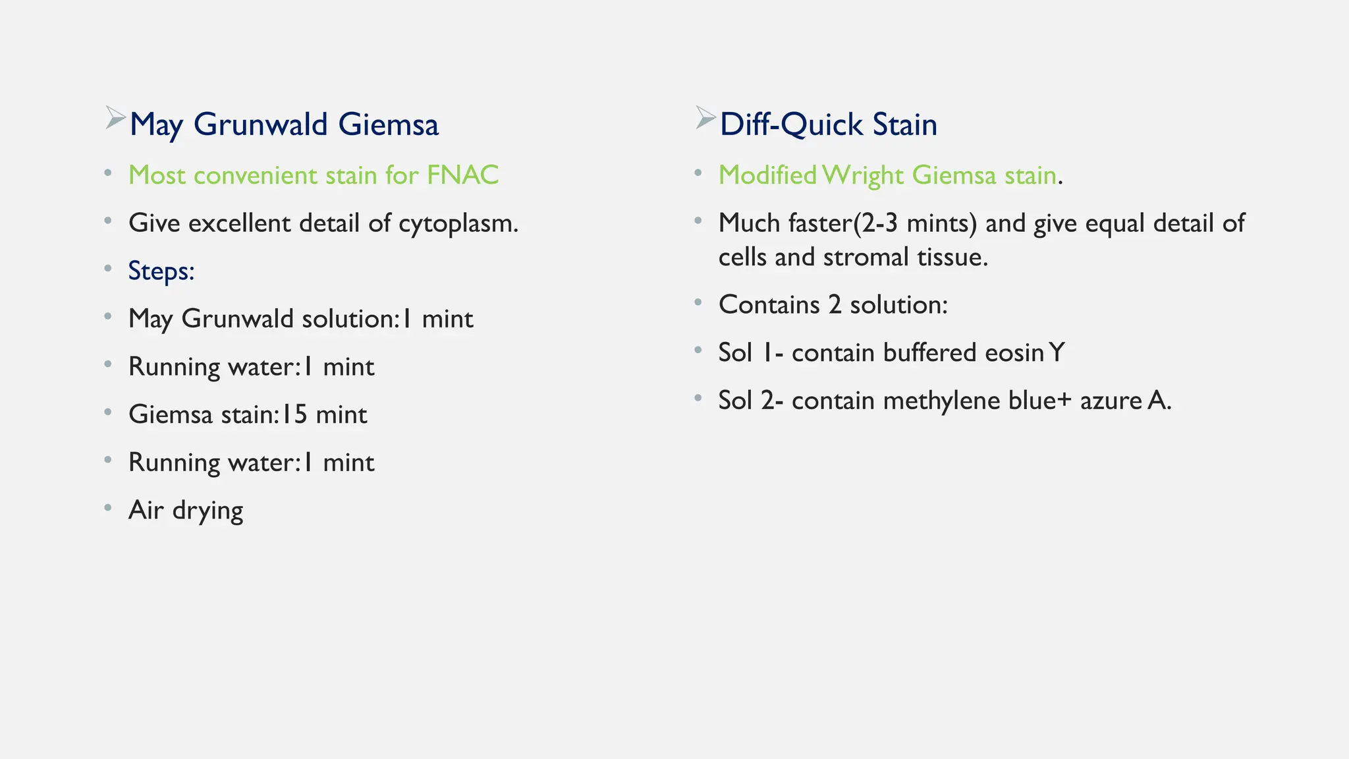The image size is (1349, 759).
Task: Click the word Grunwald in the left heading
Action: tap(260, 125)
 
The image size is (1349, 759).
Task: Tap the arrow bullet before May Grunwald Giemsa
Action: tap(115, 118)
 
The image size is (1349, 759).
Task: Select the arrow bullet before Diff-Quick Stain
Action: tap(705, 118)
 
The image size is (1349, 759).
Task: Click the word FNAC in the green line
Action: tap(462, 175)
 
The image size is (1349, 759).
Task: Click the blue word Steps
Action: tap(161, 271)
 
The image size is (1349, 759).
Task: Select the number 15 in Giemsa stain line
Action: tap(294, 414)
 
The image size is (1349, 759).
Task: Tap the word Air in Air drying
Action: tap(146, 510)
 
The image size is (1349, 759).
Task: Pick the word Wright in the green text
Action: tap(863, 176)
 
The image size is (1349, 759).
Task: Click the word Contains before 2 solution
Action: tap(769, 304)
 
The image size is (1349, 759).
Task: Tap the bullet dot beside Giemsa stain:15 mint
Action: tap(108, 412)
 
